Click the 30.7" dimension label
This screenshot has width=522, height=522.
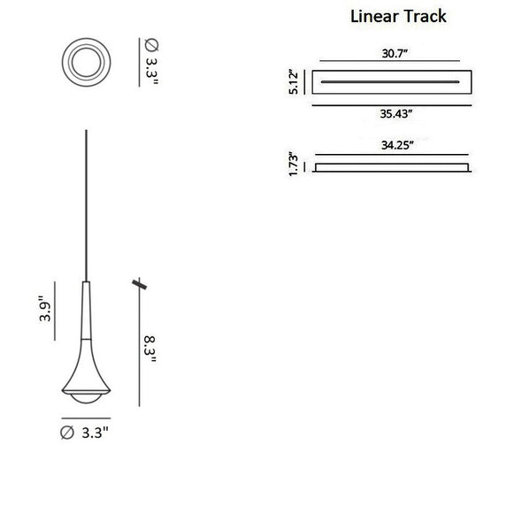pos(395,53)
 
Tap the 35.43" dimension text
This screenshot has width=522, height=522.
pos(396,113)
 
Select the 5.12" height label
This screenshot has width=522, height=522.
pos(293,82)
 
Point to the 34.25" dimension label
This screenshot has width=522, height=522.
pos(397,145)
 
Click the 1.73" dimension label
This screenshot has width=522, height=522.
pos(293,164)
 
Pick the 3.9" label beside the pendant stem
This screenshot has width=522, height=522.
pos(45,309)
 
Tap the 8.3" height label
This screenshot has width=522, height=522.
pos(150,349)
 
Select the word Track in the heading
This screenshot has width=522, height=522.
pos(426,16)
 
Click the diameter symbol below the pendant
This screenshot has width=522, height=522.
pos(67,433)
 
